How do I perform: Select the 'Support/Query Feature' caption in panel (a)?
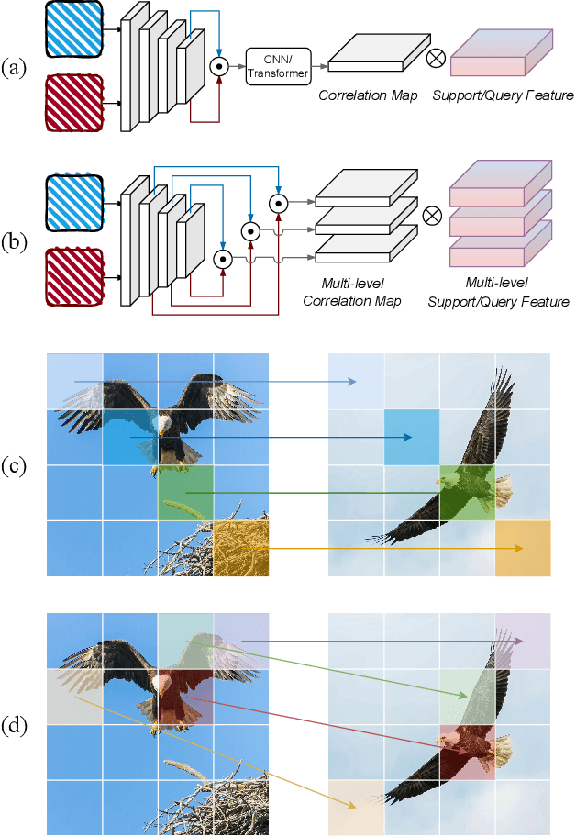pos(502,95)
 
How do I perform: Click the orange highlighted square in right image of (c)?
pos(522,549)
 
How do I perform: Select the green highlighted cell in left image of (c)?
pos(185,493)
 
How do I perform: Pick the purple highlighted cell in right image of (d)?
pos(522,641)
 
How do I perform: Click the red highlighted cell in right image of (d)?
pos(467,753)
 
